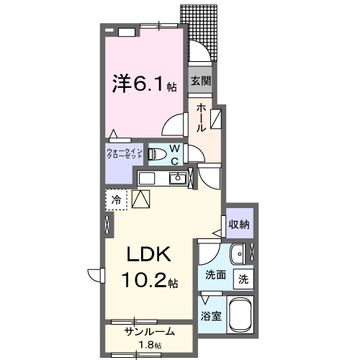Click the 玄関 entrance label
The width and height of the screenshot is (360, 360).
200,81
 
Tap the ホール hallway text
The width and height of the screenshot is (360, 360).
201,117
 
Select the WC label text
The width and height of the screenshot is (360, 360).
175,156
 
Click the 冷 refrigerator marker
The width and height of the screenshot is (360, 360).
116,198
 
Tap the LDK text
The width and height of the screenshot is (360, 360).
149,255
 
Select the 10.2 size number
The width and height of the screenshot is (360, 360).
144,280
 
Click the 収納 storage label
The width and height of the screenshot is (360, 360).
239,224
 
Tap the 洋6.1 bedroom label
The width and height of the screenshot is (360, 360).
143,86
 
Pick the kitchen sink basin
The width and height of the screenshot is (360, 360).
147,179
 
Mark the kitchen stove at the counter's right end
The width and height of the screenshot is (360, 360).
177,179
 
